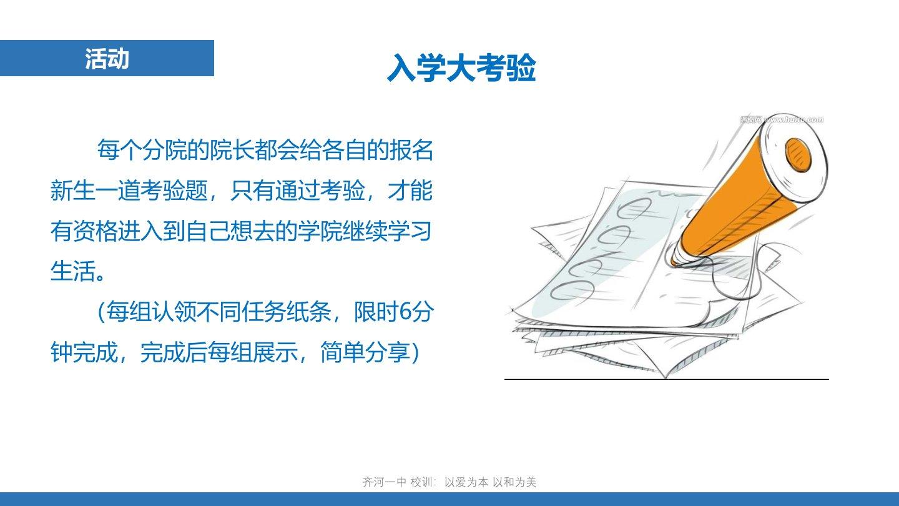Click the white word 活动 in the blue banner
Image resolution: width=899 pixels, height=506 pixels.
(x=107, y=59)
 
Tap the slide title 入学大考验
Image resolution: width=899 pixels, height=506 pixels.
(x=461, y=67)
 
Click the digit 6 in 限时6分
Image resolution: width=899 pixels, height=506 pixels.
(x=405, y=312)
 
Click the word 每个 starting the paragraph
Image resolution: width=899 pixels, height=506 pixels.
(x=120, y=150)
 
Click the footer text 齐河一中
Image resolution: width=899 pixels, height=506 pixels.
(x=384, y=482)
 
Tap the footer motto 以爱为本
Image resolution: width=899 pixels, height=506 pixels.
(x=466, y=482)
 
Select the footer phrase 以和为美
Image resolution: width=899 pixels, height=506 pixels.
(x=514, y=482)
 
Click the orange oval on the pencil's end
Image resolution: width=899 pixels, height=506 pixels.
(x=798, y=155)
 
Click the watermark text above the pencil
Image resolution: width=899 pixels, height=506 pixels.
(x=782, y=119)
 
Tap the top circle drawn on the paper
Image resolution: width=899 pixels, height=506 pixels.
(x=635, y=207)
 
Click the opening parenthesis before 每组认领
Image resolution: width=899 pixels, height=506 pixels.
(x=101, y=312)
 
